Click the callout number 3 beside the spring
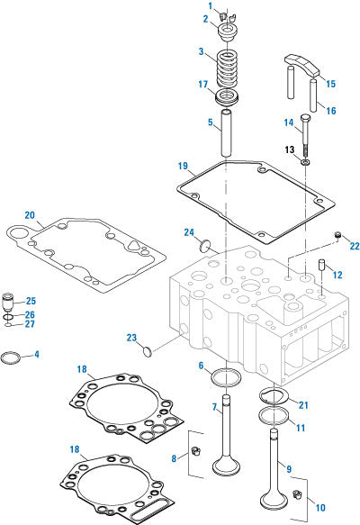coord(202,52)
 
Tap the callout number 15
coord(330,84)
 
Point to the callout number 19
coord(183,166)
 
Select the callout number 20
coord(30,216)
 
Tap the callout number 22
coord(354,246)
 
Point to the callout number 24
coord(190,232)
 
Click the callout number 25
coord(31,301)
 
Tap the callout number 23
coord(131,339)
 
